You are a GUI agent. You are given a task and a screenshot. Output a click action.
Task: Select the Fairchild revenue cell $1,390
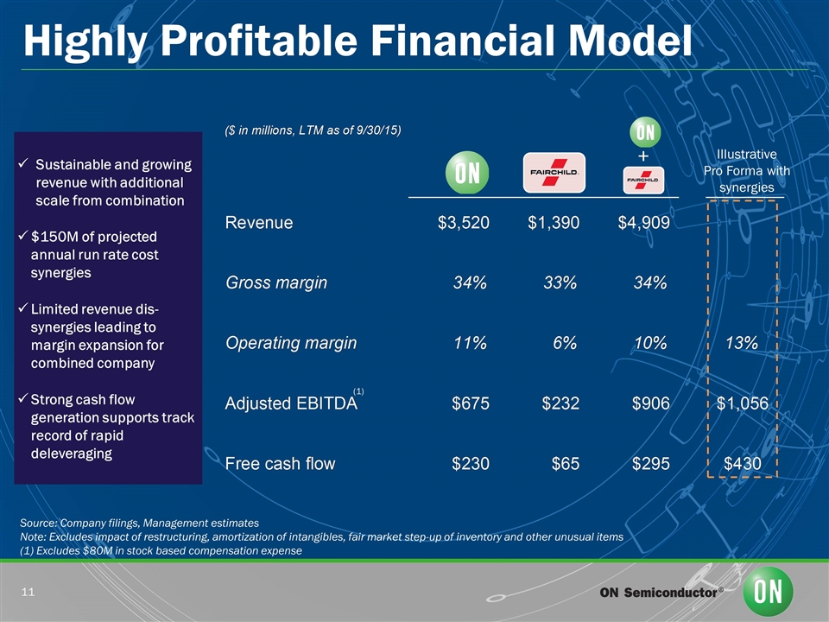[554, 223]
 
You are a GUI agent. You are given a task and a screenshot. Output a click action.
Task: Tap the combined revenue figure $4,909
[643, 223]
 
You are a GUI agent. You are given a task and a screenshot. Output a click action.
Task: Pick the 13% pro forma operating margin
[742, 344]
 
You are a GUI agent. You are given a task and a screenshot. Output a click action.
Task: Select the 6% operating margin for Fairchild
[564, 344]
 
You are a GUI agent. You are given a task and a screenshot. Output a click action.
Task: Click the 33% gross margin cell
[559, 283]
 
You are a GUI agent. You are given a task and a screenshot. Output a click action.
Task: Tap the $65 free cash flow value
[566, 464]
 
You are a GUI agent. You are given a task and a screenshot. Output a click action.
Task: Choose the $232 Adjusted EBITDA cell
[559, 404]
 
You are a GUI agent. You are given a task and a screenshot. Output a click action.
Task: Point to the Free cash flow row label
[280, 464]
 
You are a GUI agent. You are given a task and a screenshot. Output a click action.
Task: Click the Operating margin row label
[290, 344]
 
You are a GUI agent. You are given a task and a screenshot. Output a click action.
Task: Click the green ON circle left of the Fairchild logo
[467, 173]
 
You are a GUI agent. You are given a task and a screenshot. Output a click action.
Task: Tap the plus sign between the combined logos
[643, 156]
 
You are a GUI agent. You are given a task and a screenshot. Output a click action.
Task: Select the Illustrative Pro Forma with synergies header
[747, 171]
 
